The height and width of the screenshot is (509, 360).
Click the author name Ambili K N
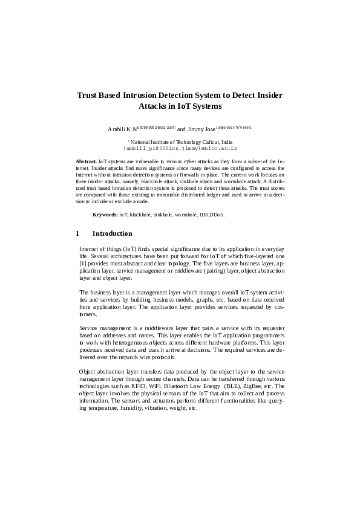pos(122,129)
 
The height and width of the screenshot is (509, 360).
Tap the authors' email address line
pos(180,148)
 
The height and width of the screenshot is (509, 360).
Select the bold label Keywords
pos(105,215)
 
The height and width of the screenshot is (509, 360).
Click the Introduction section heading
pos(112,234)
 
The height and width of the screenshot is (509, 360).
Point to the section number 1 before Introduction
pos(77,234)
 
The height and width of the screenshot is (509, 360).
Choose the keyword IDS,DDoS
pos(212,215)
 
